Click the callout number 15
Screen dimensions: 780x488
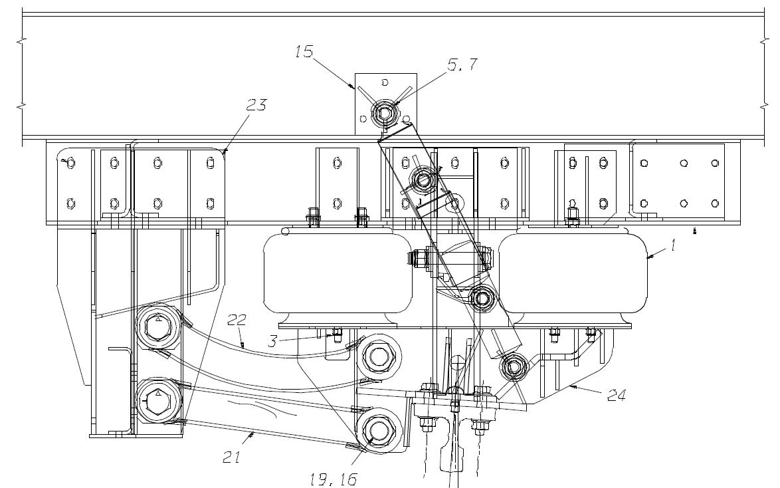[x=304, y=51]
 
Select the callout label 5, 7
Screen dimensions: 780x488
[x=462, y=64]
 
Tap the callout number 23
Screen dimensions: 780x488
[x=256, y=104]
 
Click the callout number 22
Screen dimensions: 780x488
[x=237, y=320]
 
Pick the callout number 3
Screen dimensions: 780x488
[x=272, y=342]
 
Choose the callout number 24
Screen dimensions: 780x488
[x=617, y=395]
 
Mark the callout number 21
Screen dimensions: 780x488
[x=232, y=457]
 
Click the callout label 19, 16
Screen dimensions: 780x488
[x=334, y=479]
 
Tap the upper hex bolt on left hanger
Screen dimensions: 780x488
[x=157, y=327]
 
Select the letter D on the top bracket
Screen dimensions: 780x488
[x=385, y=82]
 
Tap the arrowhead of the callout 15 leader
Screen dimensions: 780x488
[x=353, y=86]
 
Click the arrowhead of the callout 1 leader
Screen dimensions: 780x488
[x=650, y=257]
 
